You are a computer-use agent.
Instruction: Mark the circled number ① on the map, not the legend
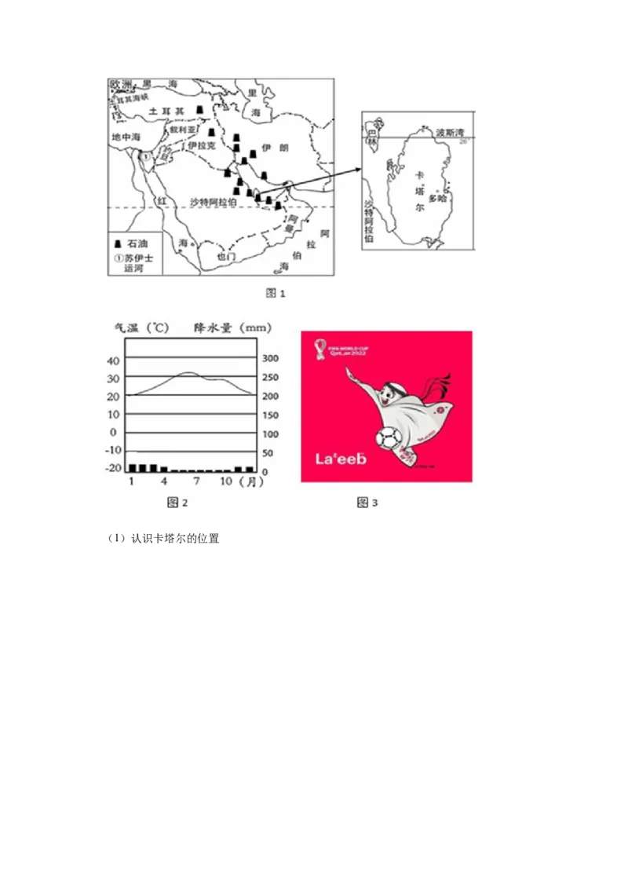pos(144,156)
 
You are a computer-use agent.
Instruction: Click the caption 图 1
pos(276,294)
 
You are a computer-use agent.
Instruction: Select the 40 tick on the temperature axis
pos(115,360)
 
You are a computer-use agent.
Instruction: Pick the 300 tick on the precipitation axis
pos(270,358)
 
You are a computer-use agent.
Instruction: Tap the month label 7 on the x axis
pos(196,481)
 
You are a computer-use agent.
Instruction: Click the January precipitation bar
pos(133,467)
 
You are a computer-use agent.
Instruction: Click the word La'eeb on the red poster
pos(341,459)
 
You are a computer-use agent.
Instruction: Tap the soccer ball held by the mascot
pos(388,437)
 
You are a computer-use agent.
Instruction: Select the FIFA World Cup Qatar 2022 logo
pos(322,347)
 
